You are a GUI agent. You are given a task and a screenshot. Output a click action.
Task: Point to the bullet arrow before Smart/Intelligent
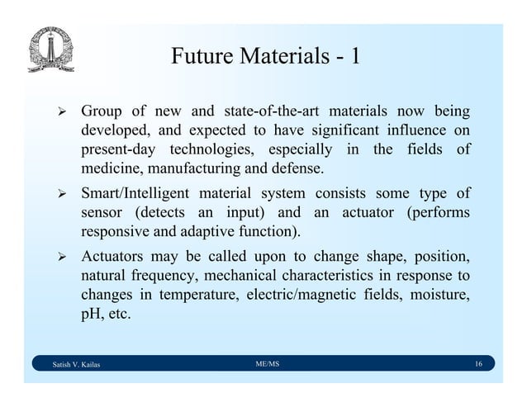[57, 194]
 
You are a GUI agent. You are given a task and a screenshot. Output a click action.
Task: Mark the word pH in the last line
[90, 315]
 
